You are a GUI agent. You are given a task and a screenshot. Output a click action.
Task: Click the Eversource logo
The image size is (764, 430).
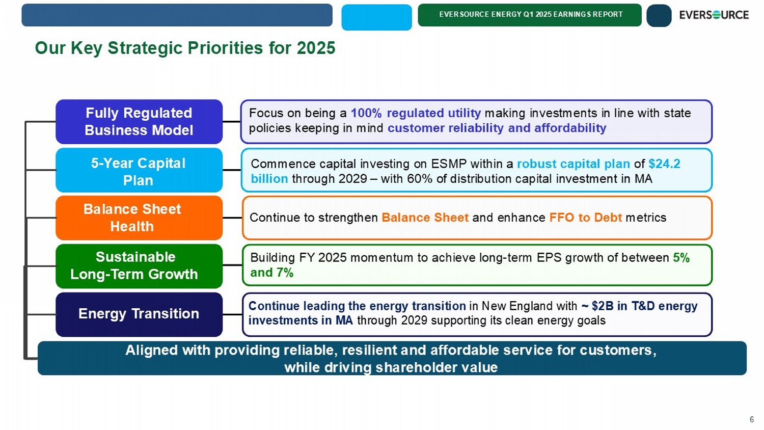click(x=714, y=15)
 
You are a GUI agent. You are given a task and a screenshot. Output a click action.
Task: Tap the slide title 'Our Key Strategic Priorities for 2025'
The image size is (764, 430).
click(x=185, y=48)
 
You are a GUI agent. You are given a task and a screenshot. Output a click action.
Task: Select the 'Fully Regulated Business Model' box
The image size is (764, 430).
click(x=139, y=121)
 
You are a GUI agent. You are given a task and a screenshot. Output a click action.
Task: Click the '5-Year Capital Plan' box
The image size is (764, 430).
click(x=139, y=170)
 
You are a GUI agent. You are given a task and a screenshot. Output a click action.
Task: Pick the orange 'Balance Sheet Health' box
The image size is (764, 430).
click(x=139, y=218)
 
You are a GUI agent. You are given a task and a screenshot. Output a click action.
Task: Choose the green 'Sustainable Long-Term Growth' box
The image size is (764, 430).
click(x=139, y=266)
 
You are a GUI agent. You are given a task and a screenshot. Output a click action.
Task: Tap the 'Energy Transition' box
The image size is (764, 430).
click(x=139, y=314)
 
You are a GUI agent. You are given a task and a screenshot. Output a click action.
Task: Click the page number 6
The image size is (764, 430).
click(x=752, y=419)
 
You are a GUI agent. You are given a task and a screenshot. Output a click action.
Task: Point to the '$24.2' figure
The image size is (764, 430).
click(x=664, y=164)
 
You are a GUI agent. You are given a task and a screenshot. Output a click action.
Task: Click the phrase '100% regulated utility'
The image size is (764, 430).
click(x=416, y=113)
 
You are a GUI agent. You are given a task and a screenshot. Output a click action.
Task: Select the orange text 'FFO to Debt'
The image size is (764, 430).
click(x=586, y=218)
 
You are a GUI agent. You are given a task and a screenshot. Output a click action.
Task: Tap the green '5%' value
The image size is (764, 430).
click(x=681, y=258)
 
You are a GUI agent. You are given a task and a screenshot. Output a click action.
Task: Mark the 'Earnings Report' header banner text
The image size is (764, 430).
click(x=531, y=14)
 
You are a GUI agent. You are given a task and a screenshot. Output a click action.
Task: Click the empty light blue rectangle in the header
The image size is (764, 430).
click(x=376, y=17)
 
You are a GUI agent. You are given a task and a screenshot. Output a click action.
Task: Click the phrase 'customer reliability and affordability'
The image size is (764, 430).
click(x=497, y=128)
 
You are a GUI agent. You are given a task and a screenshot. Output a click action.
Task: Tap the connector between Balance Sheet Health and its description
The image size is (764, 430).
click(x=232, y=218)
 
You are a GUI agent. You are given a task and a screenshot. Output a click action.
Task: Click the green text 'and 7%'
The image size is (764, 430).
click(x=272, y=273)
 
